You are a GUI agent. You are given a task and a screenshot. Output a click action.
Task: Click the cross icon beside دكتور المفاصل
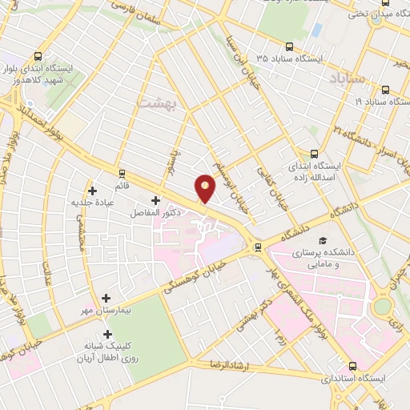tap(155, 199)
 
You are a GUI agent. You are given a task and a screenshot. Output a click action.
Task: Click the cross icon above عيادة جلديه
tap(93, 191)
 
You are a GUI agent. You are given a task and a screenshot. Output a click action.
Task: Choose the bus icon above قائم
tap(122, 172)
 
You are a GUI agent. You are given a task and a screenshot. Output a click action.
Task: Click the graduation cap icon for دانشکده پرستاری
tap(322, 240)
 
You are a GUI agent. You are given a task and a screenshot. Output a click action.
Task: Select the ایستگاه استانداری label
tap(357, 377)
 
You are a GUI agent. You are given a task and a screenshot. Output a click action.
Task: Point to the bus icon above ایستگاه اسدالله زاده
tap(314, 154)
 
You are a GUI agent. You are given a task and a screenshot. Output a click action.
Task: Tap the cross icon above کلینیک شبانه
tap(107, 333)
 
